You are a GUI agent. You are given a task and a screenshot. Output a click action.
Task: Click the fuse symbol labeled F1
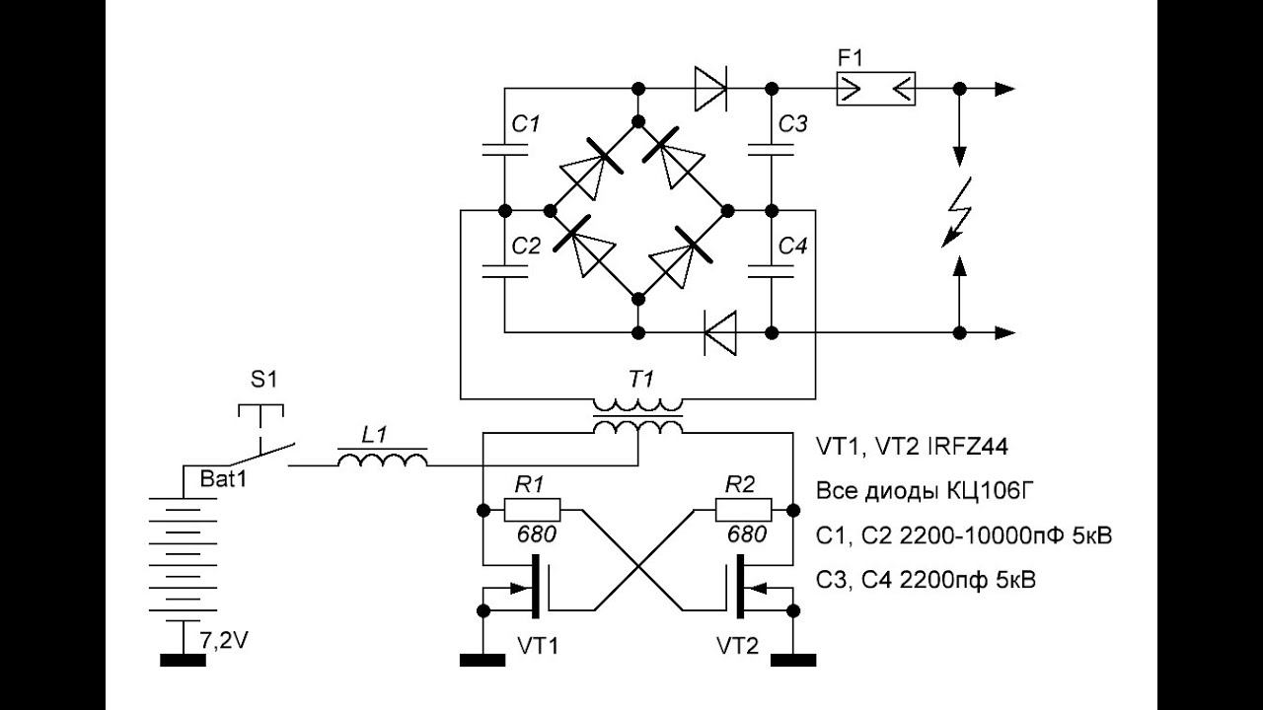pos(875,89)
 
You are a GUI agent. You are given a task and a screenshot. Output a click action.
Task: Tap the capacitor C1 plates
pos(505,149)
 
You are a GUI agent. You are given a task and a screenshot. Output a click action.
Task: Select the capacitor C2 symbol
pos(505,271)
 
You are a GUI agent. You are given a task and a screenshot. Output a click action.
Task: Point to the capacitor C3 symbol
pos(772,149)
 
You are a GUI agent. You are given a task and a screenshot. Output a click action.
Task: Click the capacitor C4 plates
pos(772,271)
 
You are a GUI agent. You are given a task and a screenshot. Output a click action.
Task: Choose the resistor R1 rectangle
pos(532,510)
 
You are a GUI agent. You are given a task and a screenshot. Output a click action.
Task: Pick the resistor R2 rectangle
pos(744,510)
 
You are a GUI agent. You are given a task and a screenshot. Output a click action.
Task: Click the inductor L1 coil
pos(382,460)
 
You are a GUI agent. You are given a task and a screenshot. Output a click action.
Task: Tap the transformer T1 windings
pos(637,416)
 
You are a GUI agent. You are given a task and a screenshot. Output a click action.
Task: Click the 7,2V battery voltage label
pos(224,641)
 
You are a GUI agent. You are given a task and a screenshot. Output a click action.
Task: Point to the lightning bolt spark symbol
pos(958,212)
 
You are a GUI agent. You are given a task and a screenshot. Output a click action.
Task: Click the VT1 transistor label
pos(538,646)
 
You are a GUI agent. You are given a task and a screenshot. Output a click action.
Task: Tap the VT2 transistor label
pos(737,646)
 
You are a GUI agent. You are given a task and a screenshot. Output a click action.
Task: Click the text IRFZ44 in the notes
pos(967,447)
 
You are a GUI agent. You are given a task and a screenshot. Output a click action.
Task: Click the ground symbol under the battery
pos(184,660)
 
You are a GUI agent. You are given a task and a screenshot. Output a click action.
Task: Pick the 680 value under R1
pos(537,534)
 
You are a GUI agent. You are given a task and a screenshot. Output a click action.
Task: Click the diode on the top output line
pos(710,89)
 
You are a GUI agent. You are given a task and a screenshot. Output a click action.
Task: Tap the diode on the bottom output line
pos(720,332)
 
